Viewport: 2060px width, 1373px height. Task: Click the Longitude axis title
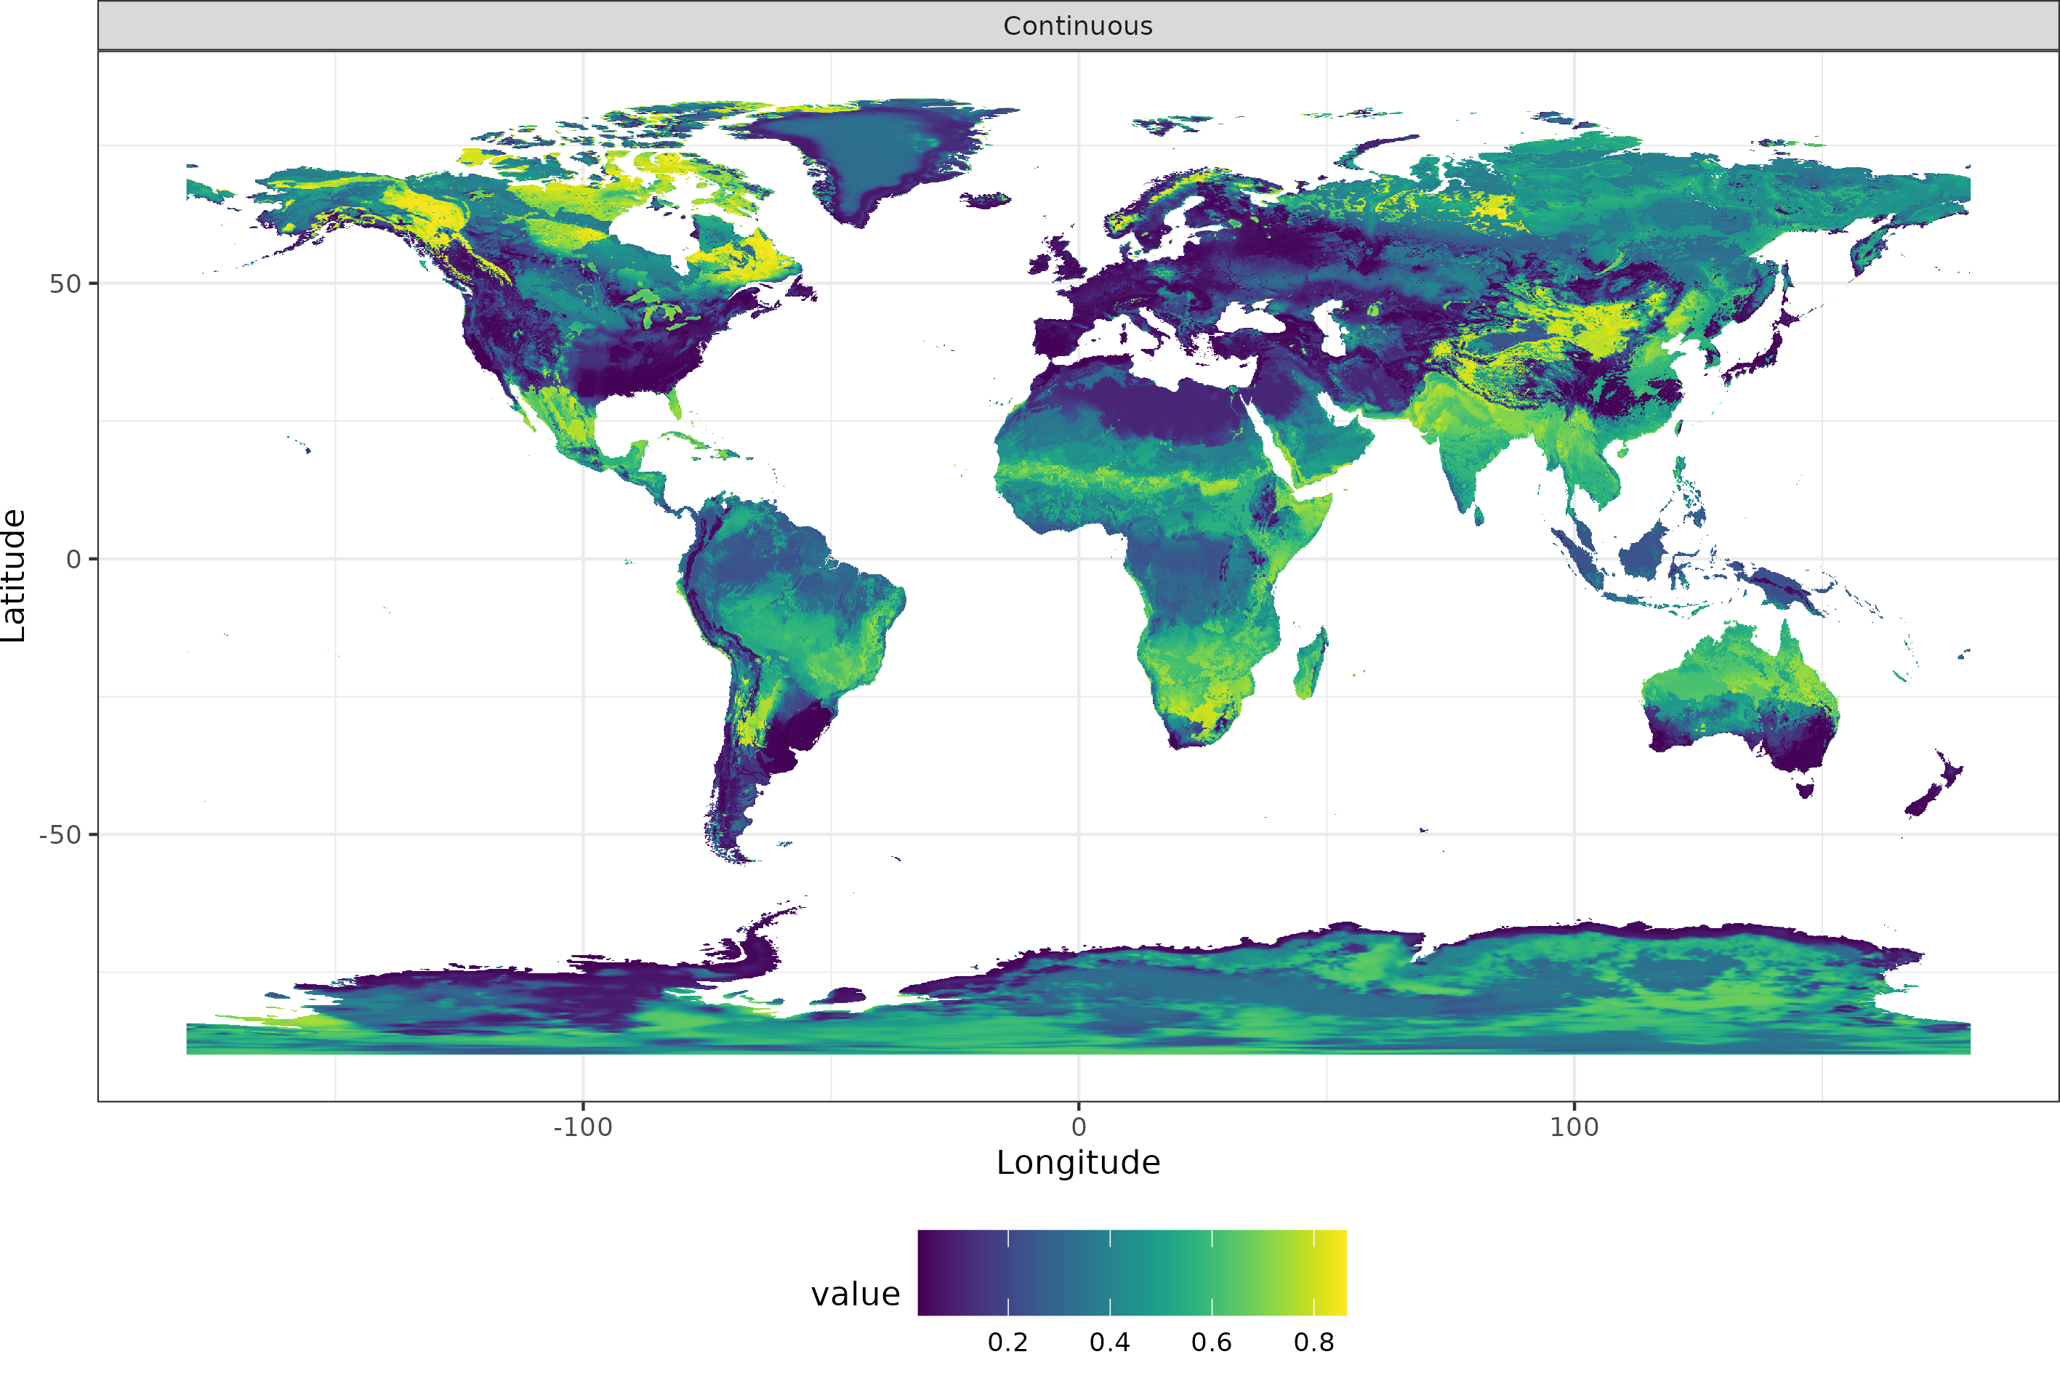point(1078,1163)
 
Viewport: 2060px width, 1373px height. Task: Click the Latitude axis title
point(14,576)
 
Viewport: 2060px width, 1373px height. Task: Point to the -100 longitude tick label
point(582,1127)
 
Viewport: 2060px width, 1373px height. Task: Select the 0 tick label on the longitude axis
point(1079,1127)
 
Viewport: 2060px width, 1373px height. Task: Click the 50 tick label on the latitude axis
point(65,283)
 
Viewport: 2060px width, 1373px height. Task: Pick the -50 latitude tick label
point(60,834)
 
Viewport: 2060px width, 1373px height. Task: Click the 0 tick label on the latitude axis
point(73,560)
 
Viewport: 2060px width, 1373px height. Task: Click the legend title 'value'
point(855,1295)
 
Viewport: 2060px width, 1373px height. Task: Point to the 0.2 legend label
point(1007,1342)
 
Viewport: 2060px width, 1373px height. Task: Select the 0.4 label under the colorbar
point(1109,1342)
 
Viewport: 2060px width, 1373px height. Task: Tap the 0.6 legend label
point(1212,1342)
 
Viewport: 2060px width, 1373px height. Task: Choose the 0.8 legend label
point(1313,1342)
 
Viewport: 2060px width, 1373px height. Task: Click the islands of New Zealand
point(1935,788)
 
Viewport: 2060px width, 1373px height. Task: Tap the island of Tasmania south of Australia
point(1806,790)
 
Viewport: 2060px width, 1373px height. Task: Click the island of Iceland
point(985,201)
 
